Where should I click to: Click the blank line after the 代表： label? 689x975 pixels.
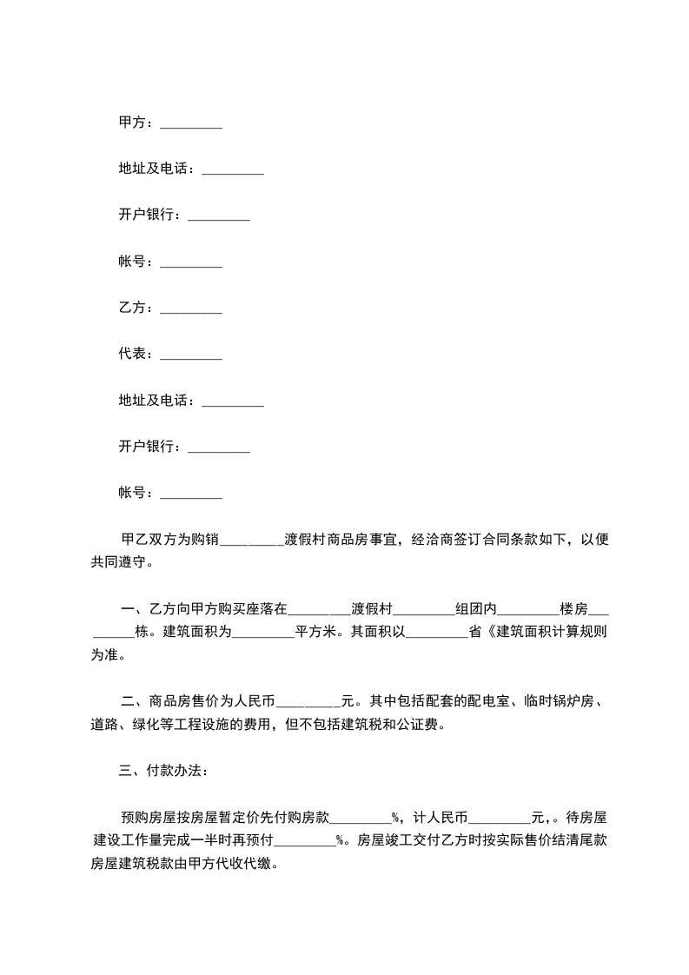coord(191,355)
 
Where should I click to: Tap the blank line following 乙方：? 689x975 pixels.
coord(191,309)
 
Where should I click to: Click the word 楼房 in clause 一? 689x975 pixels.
coord(574,608)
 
